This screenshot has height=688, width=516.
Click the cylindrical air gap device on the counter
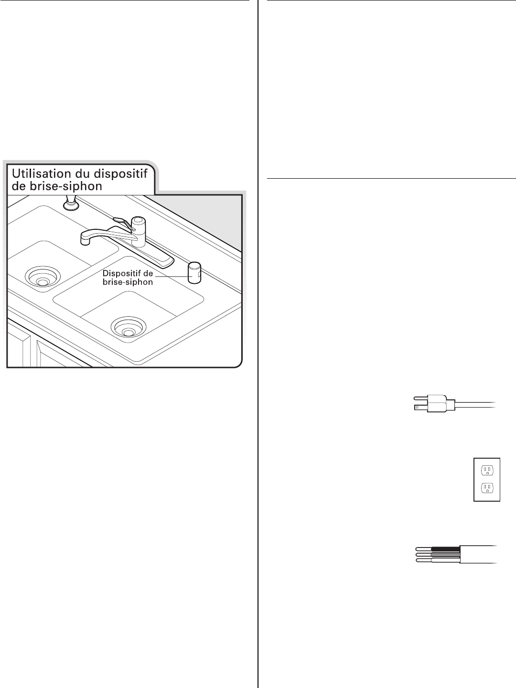coord(194,273)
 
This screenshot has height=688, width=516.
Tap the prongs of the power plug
coord(419,402)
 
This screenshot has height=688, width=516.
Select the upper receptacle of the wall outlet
coord(486,470)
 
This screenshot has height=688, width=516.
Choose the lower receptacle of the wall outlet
coord(486,488)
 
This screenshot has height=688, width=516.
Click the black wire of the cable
coord(444,549)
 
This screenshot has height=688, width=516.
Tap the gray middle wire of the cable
coord(444,554)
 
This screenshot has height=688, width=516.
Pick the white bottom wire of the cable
coord(444,560)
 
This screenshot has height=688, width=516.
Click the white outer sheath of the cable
coord(478,554)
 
